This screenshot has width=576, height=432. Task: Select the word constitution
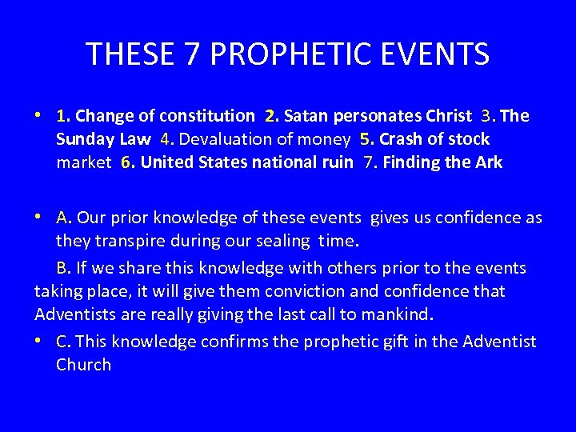pos(207,116)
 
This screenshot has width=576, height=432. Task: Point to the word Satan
pos(310,116)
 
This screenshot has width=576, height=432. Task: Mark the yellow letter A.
pos(64,218)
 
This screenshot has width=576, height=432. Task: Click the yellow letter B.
pos(63,267)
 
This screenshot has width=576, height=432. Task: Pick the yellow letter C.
pos(63,342)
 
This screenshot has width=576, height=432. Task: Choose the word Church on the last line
pos(84,365)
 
